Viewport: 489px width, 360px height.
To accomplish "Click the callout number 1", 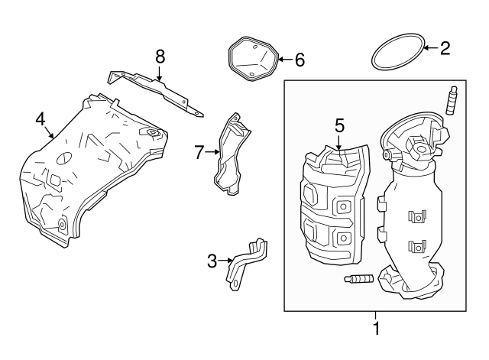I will (x=375, y=330).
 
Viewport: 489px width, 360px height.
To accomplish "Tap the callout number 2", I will (x=445, y=49).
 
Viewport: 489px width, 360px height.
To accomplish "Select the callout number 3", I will (x=212, y=261).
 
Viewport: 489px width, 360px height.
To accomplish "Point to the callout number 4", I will (x=40, y=118).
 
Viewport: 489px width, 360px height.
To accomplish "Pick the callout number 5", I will (x=339, y=125).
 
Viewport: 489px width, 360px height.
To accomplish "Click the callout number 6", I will (x=300, y=59).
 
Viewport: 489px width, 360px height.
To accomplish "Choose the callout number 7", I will (x=199, y=152).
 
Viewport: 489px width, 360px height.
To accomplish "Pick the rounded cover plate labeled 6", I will (x=254, y=57).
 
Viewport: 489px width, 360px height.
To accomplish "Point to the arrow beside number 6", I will (x=283, y=59).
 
